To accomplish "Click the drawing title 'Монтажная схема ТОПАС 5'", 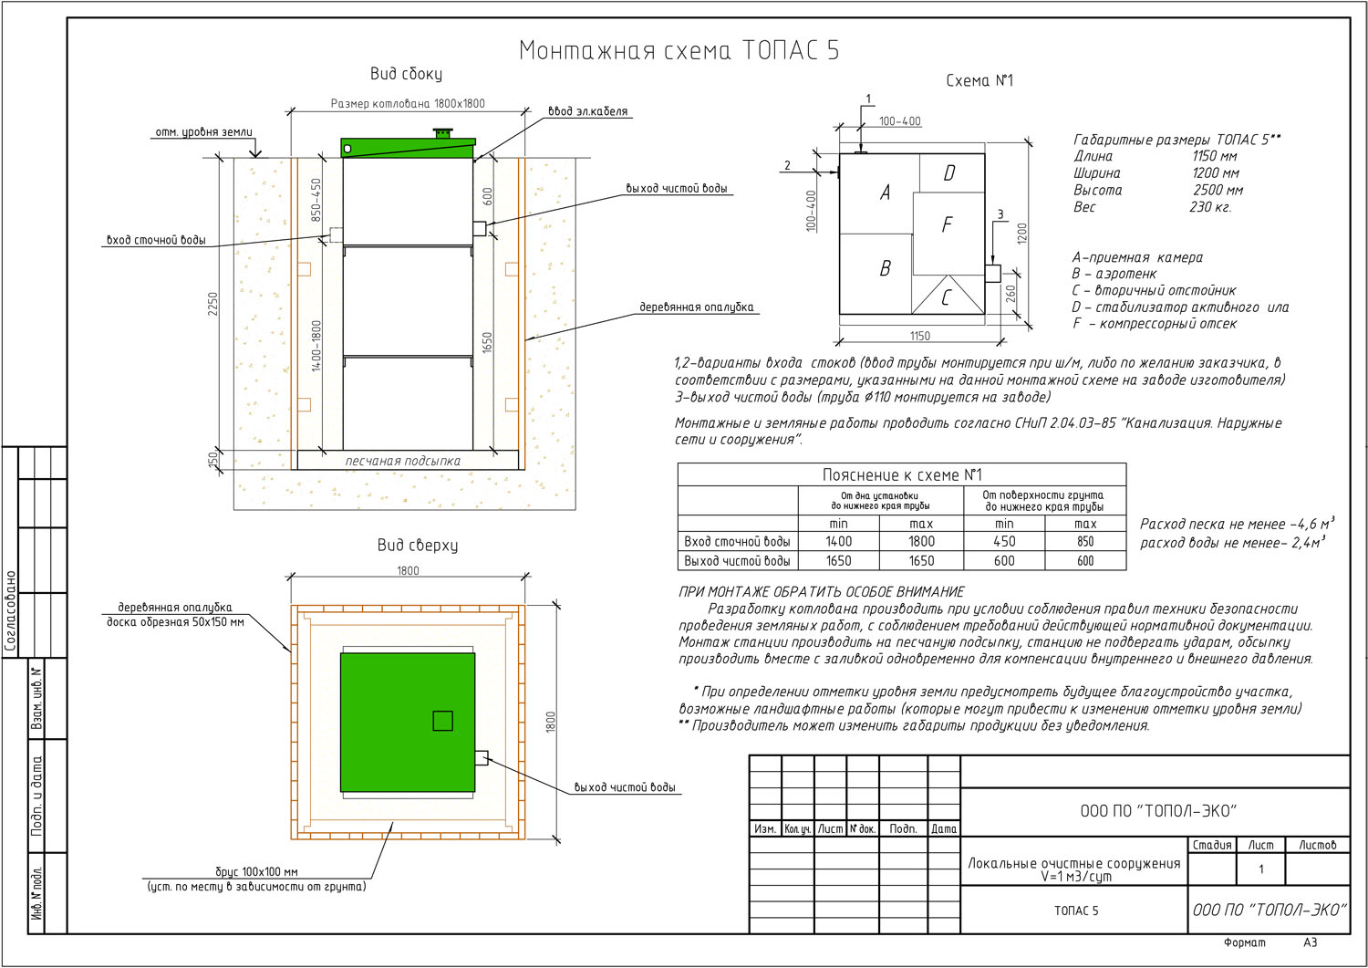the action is pos(679,51).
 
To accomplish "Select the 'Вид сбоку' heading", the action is pos(406,74).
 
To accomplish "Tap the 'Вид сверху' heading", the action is pos(417,545).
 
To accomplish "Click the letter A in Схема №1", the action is pos(885,193).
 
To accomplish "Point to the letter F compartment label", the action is pos(948,224).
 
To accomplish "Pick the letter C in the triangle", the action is pos(947,297).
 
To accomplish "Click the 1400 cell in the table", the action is pos(838,541).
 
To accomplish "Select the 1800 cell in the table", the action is pos(921,541).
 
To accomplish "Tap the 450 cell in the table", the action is pos(1004,541).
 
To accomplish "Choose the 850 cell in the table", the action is pos(1085,541).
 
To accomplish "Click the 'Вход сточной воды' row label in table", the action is pos(737,541).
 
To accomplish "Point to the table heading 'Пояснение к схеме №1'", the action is pos(901,474).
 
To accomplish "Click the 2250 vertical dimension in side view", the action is pos(212,304).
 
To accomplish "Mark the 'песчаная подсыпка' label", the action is pos(403,461).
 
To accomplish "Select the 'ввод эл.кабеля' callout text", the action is pos(587,111).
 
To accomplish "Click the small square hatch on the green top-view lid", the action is pos(442,721).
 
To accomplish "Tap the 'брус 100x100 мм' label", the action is pos(256,872).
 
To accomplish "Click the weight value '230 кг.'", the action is pos(1210,207).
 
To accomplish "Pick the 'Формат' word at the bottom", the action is pos(1245,943).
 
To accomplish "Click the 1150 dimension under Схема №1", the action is pos(919,336).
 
